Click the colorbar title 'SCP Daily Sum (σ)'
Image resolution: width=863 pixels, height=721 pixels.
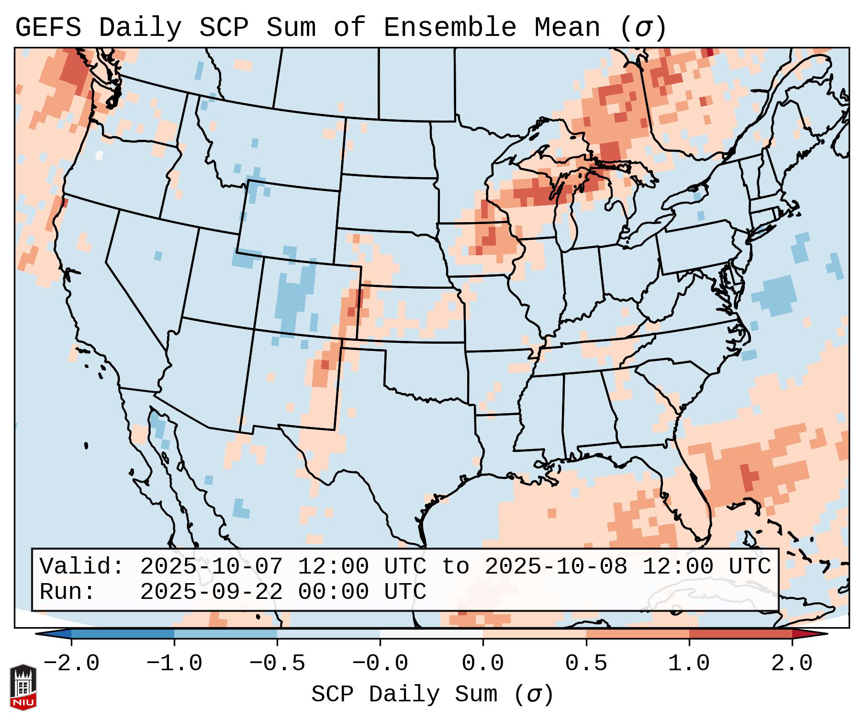point(432,695)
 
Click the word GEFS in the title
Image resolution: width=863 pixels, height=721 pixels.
point(48,28)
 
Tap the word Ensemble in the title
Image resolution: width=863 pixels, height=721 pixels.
point(450,28)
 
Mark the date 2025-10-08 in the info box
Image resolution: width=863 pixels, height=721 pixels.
point(556,566)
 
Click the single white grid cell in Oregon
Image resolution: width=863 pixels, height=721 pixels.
point(99,155)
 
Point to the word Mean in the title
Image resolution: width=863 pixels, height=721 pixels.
point(567,28)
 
